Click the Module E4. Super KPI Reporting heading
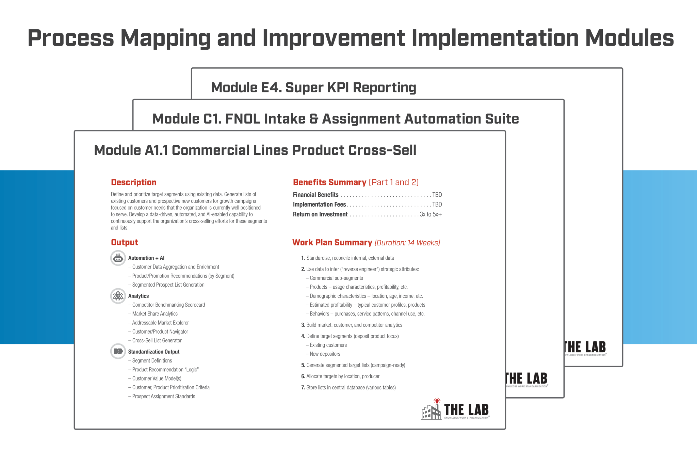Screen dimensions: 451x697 point(313,87)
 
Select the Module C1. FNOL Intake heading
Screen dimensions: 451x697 point(335,119)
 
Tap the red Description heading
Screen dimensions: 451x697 point(133,182)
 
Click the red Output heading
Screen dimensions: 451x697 point(124,242)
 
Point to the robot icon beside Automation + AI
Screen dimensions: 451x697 point(118,258)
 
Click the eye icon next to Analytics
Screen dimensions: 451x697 point(118,296)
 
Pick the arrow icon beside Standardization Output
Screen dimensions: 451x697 point(118,351)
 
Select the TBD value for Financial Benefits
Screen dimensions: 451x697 point(437,195)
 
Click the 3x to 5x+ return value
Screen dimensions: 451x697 point(431,214)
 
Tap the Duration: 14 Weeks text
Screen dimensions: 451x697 point(407,243)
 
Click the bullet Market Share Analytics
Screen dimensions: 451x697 point(155,314)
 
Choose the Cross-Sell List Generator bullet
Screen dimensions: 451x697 point(157,340)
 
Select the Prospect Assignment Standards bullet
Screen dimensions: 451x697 point(163,396)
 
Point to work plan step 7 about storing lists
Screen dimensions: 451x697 point(351,387)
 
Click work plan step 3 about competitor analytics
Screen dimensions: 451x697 point(354,325)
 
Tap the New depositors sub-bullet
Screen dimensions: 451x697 point(325,354)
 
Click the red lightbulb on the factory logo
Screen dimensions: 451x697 point(437,401)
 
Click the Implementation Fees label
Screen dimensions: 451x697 point(319,205)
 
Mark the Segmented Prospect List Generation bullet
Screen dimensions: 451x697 point(168,285)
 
